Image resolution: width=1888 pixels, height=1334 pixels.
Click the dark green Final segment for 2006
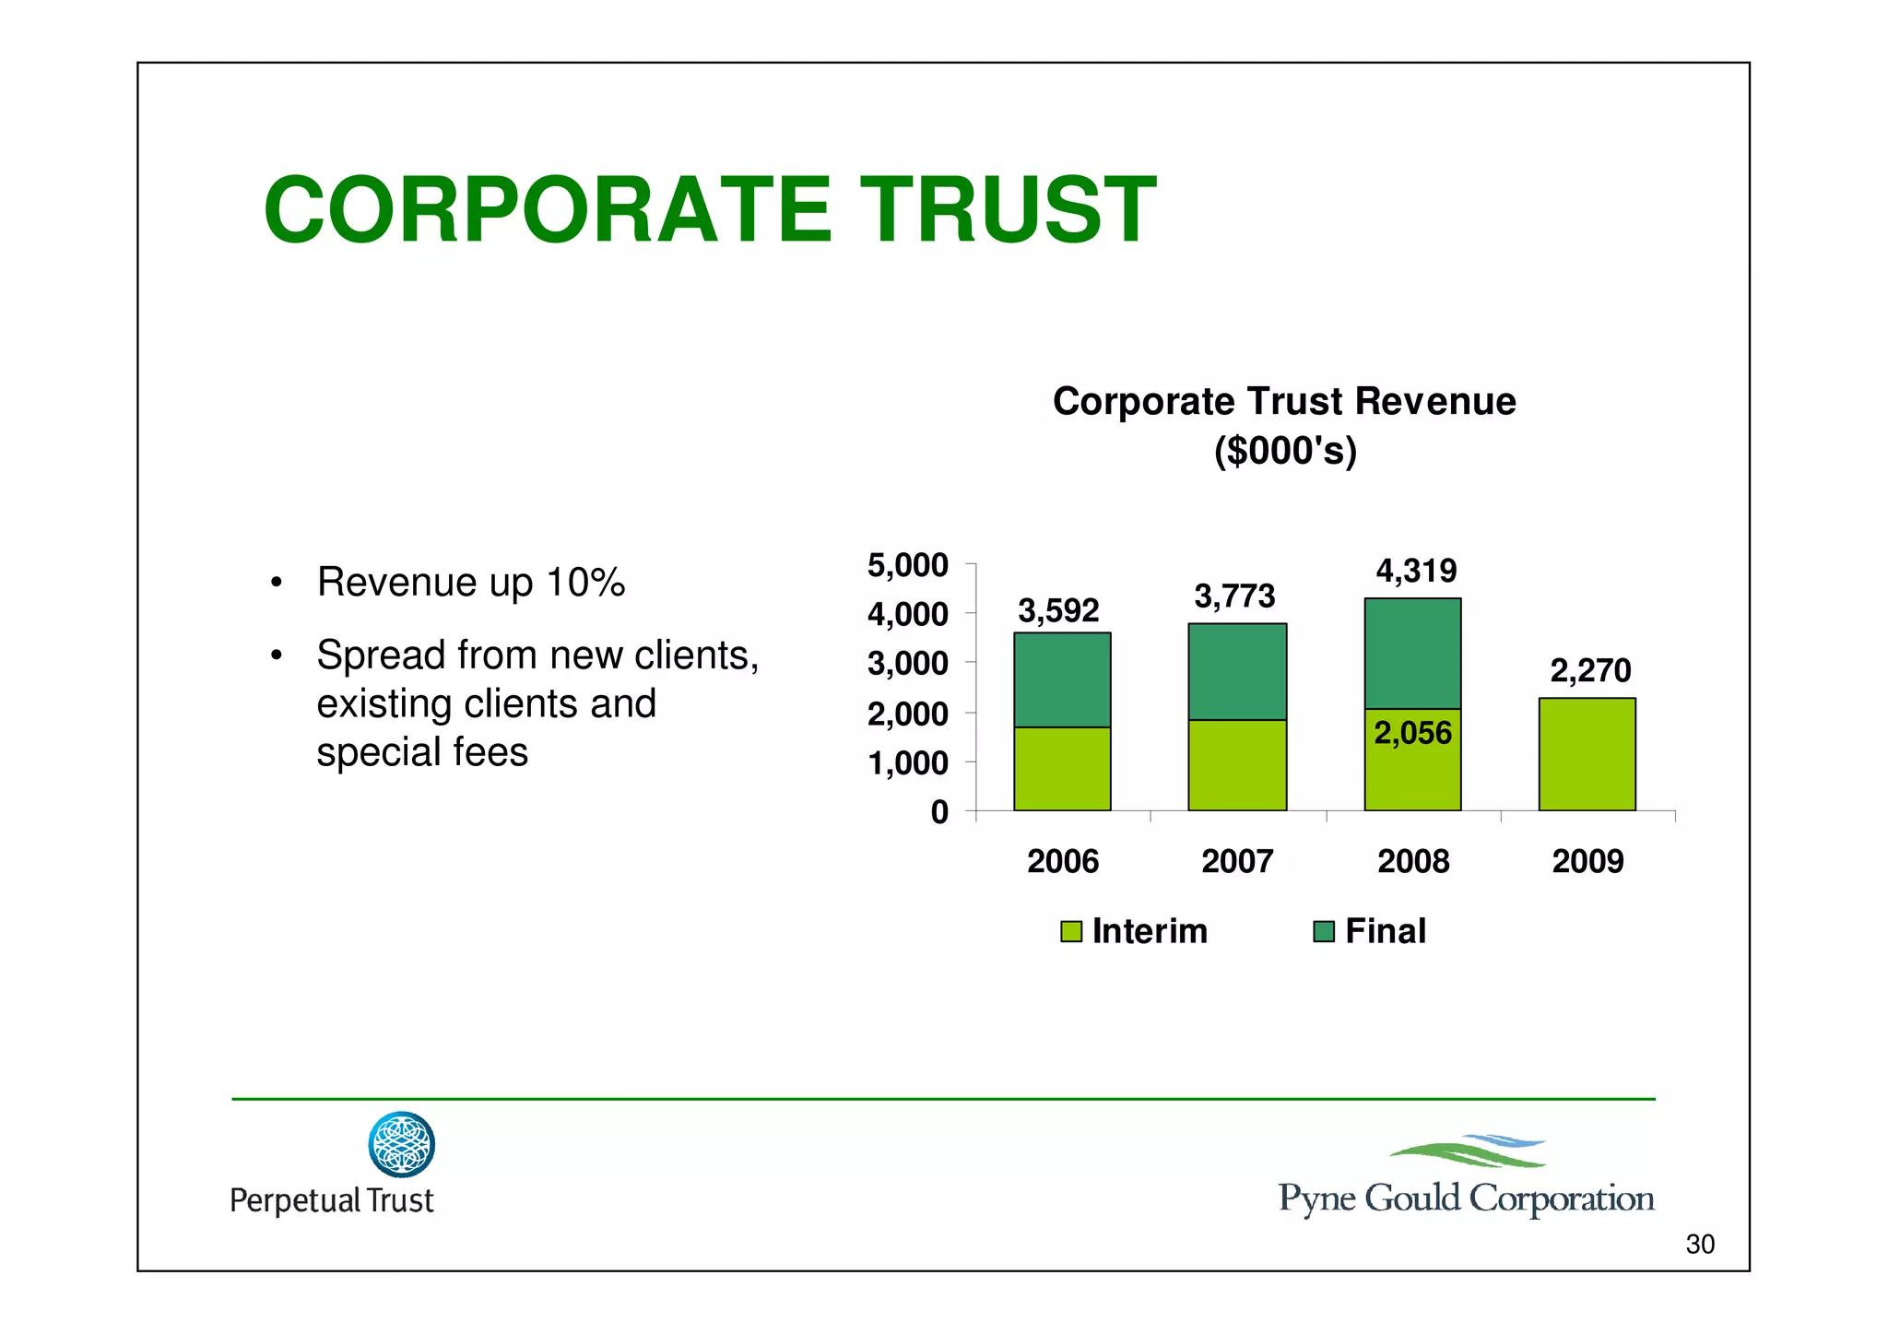coord(1062,679)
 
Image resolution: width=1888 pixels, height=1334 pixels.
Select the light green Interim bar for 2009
coord(1587,754)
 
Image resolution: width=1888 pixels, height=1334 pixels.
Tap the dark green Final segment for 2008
coord(1412,653)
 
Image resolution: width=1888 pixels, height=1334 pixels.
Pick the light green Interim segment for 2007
coord(1237,765)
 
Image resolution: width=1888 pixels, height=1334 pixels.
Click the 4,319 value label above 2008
coord(1416,571)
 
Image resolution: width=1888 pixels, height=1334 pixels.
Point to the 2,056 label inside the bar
coord(1412,733)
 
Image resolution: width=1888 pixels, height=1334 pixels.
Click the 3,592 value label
coord(1058,610)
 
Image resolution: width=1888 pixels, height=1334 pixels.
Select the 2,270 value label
coord(1590,670)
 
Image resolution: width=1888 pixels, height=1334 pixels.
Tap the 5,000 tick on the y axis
coord(907,565)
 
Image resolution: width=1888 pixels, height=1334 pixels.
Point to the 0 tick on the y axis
coord(939,812)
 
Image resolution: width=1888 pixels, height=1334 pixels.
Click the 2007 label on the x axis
coord(1237,861)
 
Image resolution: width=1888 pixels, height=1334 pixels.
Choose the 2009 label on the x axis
coord(1587,861)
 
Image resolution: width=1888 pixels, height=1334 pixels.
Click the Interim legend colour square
coord(1070,931)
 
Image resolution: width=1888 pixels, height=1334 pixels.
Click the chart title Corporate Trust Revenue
coord(1284,402)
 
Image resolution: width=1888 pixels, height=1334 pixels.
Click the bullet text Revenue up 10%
coord(470,583)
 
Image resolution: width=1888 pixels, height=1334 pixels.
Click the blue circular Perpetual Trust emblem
coord(401,1144)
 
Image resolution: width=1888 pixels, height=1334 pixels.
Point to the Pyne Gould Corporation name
coord(1466,1198)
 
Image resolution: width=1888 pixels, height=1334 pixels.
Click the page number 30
coord(1699,1245)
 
